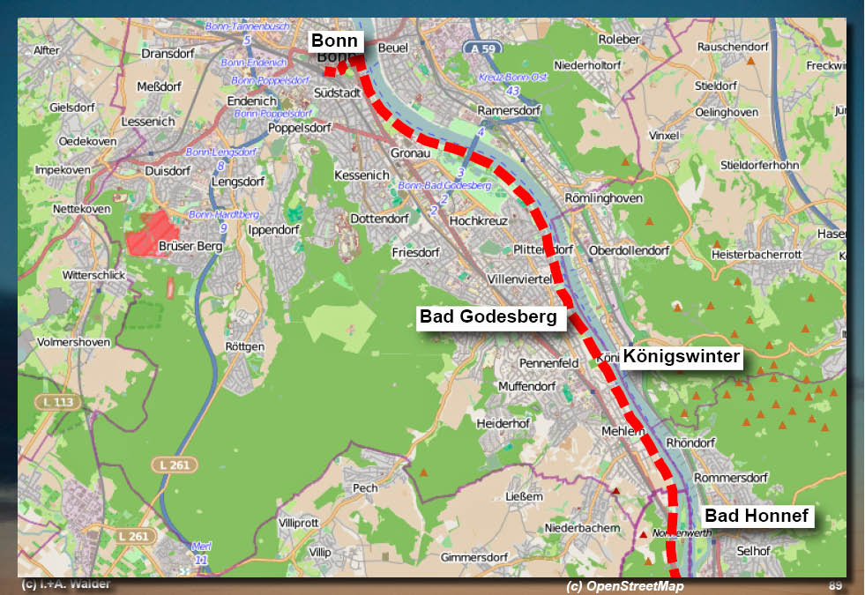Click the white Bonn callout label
334,41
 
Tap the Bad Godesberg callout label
488,316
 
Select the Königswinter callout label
681,357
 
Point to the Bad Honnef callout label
757,517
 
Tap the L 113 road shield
59,402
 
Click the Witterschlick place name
93,275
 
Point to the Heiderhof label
501,423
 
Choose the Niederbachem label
582,527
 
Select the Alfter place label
46,50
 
